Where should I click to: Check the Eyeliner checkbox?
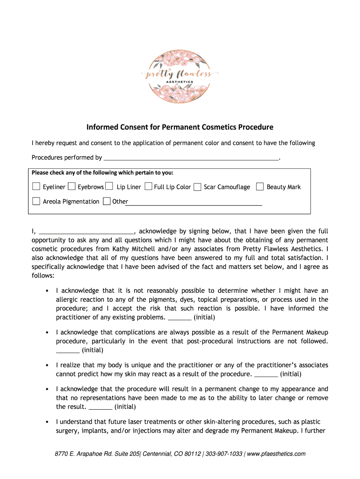pos(36,187)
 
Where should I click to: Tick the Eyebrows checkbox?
pos(72,187)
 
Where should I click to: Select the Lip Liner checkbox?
pos(109,187)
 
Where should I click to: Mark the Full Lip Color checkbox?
pos(148,187)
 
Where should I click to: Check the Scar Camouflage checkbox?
pos(197,187)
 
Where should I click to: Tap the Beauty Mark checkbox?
pos(260,187)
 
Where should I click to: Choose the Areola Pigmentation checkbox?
pos(36,201)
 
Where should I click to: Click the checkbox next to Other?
pos(107,201)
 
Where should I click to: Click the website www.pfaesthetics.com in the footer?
pos(276,454)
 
